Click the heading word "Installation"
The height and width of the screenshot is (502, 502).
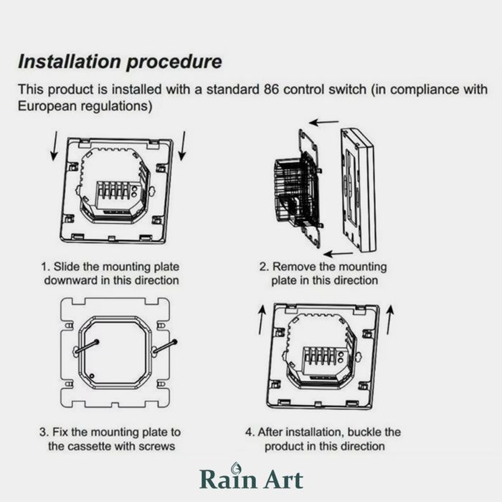[x=70, y=61]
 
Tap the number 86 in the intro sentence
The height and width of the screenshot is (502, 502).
[x=272, y=90]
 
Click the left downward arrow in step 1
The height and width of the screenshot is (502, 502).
[x=55, y=146]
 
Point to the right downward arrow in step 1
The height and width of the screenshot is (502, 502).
[x=182, y=146]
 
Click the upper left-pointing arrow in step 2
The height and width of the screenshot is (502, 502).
[x=323, y=122]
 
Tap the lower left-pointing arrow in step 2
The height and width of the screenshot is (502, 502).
[x=338, y=254]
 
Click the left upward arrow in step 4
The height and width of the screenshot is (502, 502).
[x=262, y=320]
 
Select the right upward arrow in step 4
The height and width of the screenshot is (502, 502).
[x=390, y=320]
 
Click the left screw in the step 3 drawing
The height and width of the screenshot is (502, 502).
[x=87, y=346]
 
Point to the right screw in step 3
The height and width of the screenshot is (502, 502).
[x=164, y=347]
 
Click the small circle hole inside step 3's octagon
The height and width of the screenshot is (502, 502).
[x=92, y=376]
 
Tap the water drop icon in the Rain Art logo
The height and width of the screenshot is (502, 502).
[x=236, y=467]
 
